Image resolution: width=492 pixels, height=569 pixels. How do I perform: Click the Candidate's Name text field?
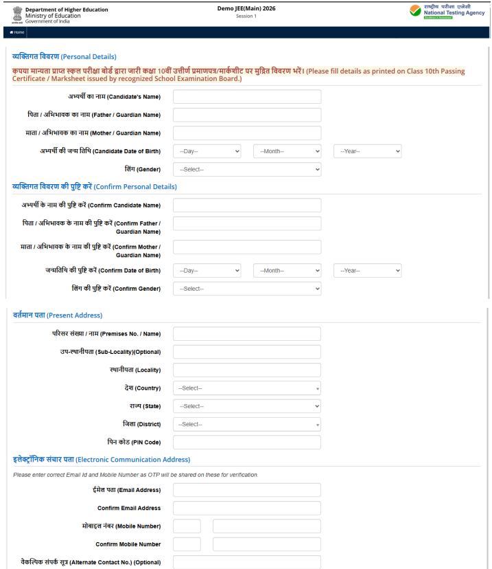pos(246,97)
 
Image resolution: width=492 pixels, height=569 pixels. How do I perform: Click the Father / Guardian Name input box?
pos(246,115)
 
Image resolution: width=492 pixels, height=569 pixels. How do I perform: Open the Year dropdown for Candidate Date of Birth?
pos(367,151)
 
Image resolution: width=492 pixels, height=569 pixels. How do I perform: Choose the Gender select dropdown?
pos(246,169)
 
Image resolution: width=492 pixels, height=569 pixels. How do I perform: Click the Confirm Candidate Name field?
pos(246,205)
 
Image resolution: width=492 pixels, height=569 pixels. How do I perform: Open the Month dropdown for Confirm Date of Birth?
pos(287,271)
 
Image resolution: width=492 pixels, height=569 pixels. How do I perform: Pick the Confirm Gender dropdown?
pos(246,289)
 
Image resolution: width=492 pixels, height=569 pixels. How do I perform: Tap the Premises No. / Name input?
pos(246,334)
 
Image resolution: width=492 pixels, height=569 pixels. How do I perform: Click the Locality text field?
pos(246,370)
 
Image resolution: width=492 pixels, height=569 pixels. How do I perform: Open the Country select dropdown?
pos(246,388)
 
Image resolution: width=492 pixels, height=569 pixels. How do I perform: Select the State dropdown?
pos(246,406)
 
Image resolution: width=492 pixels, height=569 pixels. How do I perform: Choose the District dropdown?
pos(246,424)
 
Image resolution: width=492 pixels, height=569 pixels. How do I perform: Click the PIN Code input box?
pos(246,442)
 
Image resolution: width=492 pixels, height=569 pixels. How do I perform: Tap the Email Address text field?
pos(246,490)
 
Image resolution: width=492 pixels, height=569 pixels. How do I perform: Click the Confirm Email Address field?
pos(246,508)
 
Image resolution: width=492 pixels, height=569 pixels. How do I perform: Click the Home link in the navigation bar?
pos(17,32)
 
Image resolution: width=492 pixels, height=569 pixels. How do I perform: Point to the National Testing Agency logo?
pos(447,11)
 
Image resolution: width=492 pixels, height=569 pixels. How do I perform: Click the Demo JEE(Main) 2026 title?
pos(246,9)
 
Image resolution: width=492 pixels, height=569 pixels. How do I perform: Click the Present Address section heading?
pos(58,315)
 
